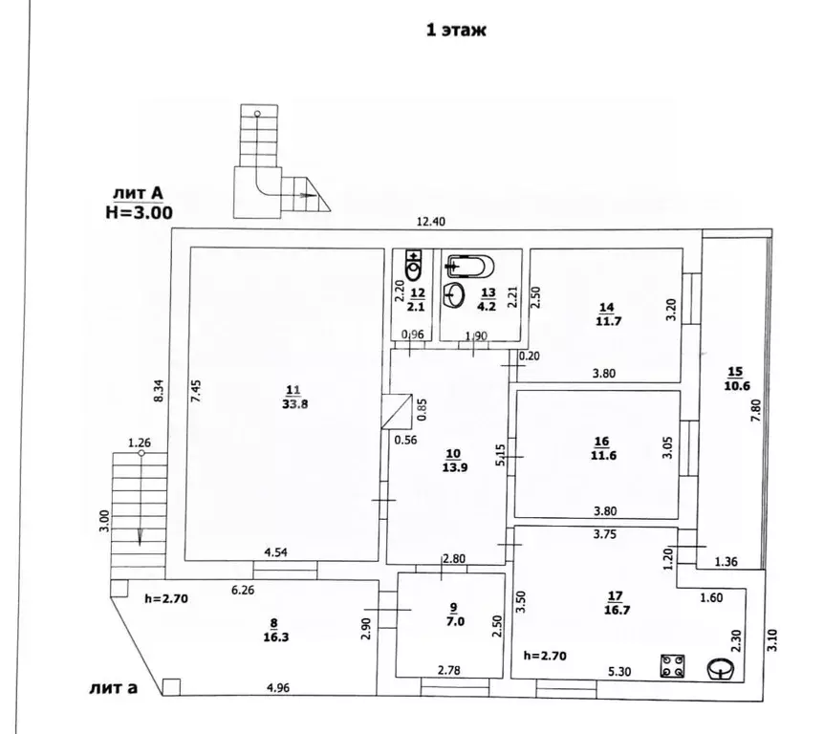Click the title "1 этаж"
point(456,30)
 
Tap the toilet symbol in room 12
point(415,266)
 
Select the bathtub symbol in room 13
point(469,267)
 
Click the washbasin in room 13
point(454,295)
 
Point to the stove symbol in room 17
point(672,666)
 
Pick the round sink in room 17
point(721,670)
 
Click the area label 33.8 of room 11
point(294,404)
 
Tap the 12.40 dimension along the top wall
point(431,221)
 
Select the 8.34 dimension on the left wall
point(159,391)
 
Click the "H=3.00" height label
point(140,212)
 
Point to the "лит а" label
point(114,688)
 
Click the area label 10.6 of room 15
point(737,386)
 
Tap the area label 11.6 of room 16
point(603,456)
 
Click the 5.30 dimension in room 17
point(619,672)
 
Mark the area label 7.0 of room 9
point(456,621)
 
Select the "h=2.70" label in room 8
point(166,598)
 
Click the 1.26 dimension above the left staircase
point(140,443)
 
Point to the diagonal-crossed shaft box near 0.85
point(398,411)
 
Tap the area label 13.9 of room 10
point(455,467)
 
